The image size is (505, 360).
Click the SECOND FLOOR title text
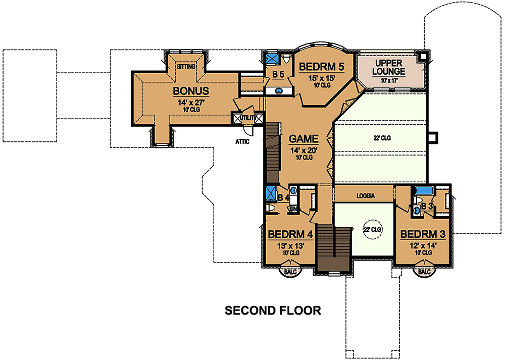(273, 311)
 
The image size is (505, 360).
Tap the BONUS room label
(191, 91)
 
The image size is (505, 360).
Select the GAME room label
(304, 139)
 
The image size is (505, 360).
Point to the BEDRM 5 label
(321, 67)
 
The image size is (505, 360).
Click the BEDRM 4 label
(290, 234)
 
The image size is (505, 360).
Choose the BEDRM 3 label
(423, 234)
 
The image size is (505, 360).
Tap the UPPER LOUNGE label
(388, 67)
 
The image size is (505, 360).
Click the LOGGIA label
(366, 196)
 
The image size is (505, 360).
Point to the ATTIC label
(242, 141)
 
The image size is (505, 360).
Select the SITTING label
(186, 67)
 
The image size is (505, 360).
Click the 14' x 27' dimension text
(191, 102)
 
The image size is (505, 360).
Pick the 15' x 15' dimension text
(322, 78)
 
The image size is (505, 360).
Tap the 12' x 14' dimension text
(423, 246)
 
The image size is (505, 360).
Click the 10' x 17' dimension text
(388, 80)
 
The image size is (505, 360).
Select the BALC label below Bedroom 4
(290, 272)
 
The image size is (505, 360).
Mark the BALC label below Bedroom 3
(424, 272)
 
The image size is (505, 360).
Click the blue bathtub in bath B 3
(424, 190)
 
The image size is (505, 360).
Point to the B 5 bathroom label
(278, 75)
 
